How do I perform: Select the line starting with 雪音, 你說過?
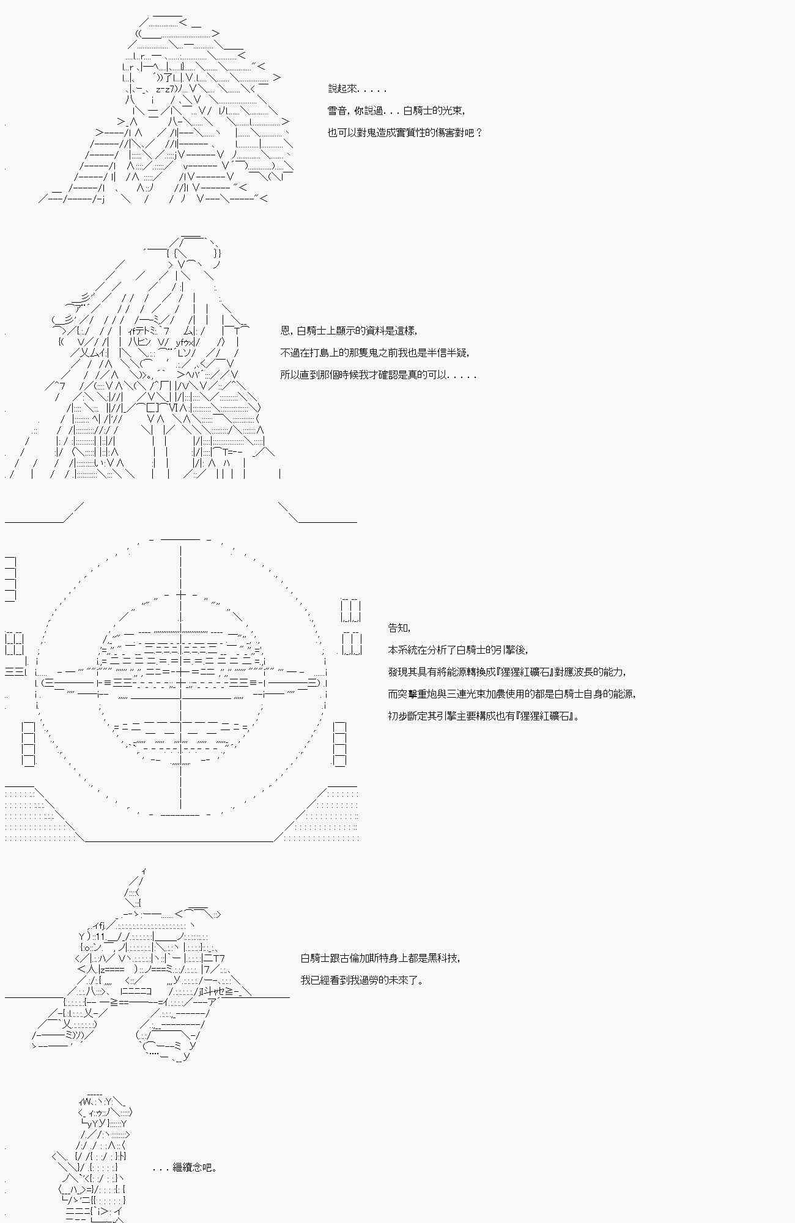click(x=396, y=111)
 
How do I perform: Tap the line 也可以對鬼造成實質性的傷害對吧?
click(x=405, y=133)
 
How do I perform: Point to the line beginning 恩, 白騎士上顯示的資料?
click(x=349, y=331)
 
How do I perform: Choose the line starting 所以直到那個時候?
click(x=378, y=375)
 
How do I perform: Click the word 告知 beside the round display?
click(x=399, y=628)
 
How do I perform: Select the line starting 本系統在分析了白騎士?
click(x=457, y=650)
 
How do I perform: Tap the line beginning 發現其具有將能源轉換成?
click(x=507, y=672)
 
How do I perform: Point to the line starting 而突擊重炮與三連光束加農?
click(x=512, y=694)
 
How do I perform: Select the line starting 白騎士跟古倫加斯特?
click(x=380, y=958)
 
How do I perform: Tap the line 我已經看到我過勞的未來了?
click(x=361, y=980)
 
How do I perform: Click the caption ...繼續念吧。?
click(x=184, y=1167)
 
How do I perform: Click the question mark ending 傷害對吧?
click(x=478, y=133)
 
